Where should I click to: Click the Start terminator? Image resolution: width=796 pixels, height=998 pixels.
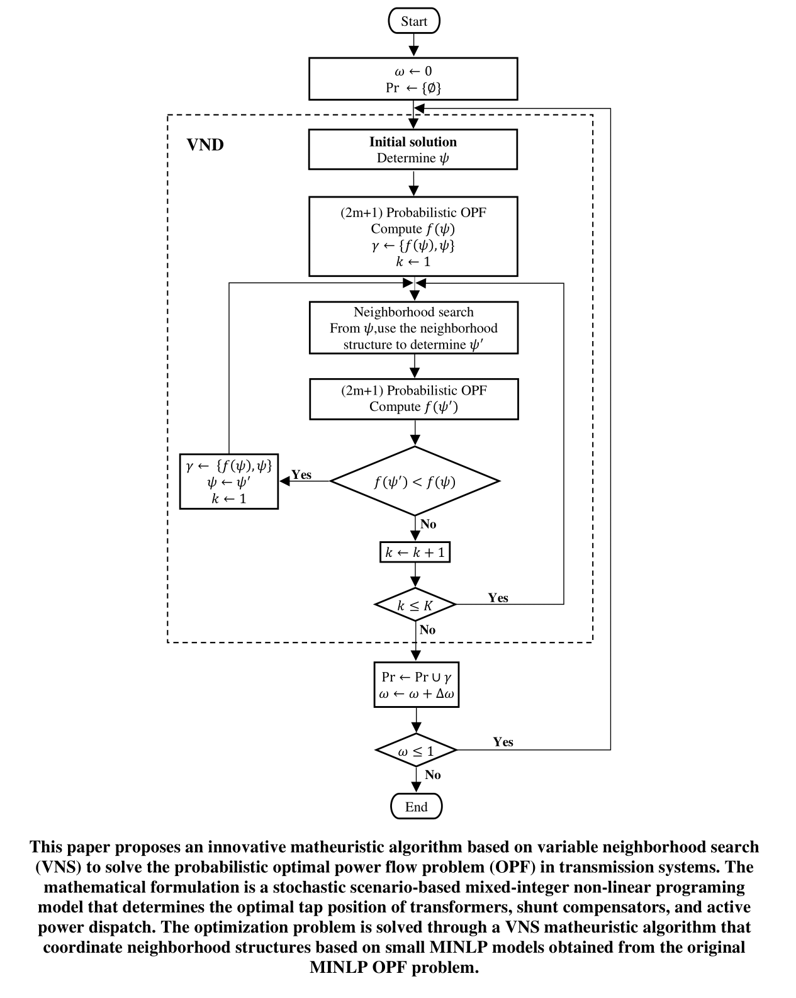coord(413,21)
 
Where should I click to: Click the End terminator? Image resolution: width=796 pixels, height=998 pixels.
coord(416,807)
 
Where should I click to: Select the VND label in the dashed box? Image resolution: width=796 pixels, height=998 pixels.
coord(205,145)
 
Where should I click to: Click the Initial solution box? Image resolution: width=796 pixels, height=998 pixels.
coord(413,150)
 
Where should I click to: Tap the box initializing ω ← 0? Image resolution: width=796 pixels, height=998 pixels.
coord(413,79)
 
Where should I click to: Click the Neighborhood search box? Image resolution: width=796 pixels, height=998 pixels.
coord(413,328)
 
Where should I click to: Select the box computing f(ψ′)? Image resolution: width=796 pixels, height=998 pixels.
coord(413,399)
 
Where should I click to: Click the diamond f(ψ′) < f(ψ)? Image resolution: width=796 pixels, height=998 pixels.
coord(415,482)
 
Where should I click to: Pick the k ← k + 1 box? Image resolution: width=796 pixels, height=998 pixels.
coord(415,552)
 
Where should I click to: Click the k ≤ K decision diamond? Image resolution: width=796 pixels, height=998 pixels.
coord(415,605)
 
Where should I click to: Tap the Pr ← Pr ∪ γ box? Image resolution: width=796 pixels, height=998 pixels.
coord(416,685)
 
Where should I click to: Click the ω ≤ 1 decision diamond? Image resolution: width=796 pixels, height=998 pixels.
coord(416,751)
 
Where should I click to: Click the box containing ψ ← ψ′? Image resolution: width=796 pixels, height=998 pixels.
coord(229,482)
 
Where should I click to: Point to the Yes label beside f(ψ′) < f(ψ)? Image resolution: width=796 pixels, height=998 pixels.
coord(301,474)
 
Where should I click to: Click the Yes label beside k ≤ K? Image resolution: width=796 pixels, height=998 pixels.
coord(498,598)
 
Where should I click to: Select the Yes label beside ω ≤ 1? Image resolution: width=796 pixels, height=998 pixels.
coord(503,742)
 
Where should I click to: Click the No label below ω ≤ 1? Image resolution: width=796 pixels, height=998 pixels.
coord(432,775)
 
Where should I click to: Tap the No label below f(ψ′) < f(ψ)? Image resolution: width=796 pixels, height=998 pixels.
coord(428,524)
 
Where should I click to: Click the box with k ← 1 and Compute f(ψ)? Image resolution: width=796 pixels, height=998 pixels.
coord(413,237)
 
